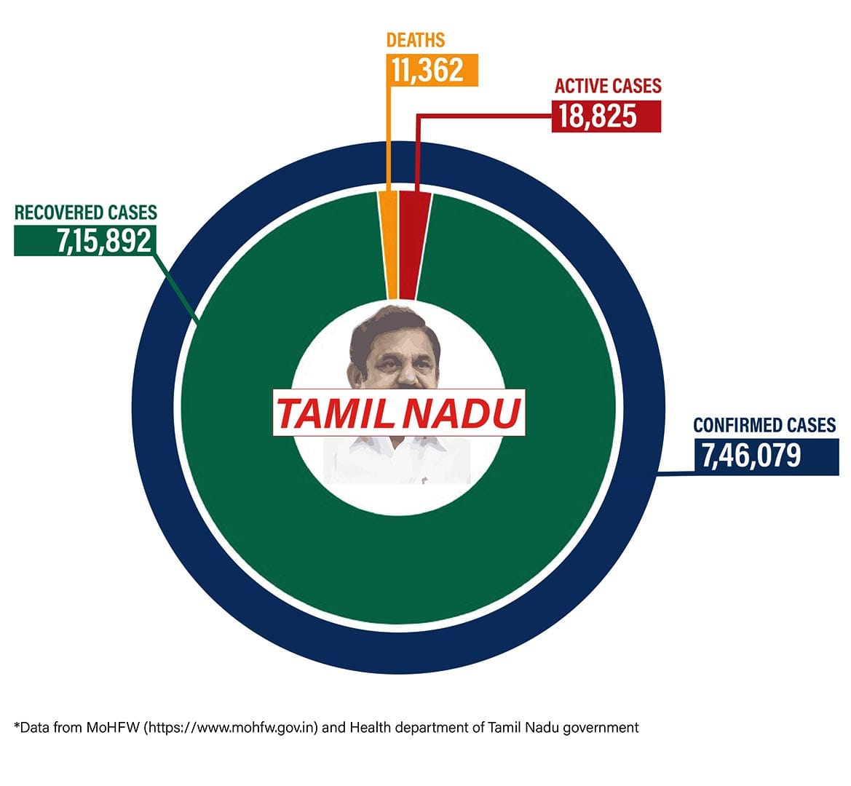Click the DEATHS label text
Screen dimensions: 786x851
pyautogui.click(x=415, y=40)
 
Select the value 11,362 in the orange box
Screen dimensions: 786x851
pyautogui.click(x=427, y=70)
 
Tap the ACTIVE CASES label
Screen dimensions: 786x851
pyautogui.click(x=608, y=86)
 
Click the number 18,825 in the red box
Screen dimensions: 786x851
pyautogui.click(x=598, y=116)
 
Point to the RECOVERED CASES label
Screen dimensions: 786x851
pyautogui.click(x=86, y=213)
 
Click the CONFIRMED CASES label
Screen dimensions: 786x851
pyautogui.click(x=764, y=426)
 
